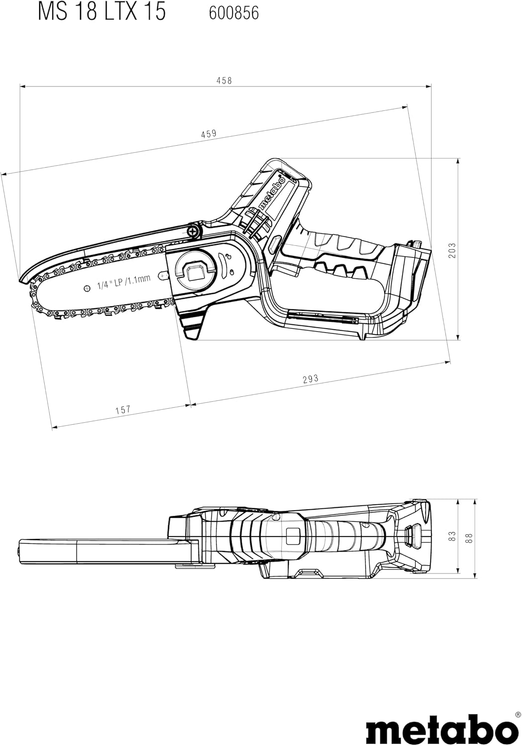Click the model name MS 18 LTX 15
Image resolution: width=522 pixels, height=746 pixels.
click(x=101, y=11)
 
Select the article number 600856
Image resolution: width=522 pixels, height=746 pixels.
click(x=234, y=12)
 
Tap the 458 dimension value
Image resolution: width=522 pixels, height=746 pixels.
click(x=224, y=81)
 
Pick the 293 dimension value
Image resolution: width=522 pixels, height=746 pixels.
click(x=310, y=379)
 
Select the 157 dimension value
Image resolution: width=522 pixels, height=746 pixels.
click(x=123, y=410)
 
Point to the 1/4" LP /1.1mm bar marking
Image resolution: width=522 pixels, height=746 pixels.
click(x=124, y=282)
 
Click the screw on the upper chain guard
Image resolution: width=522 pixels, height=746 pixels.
click(x=193, y=231)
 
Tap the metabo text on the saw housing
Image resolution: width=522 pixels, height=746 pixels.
click(x=273, y=192)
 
